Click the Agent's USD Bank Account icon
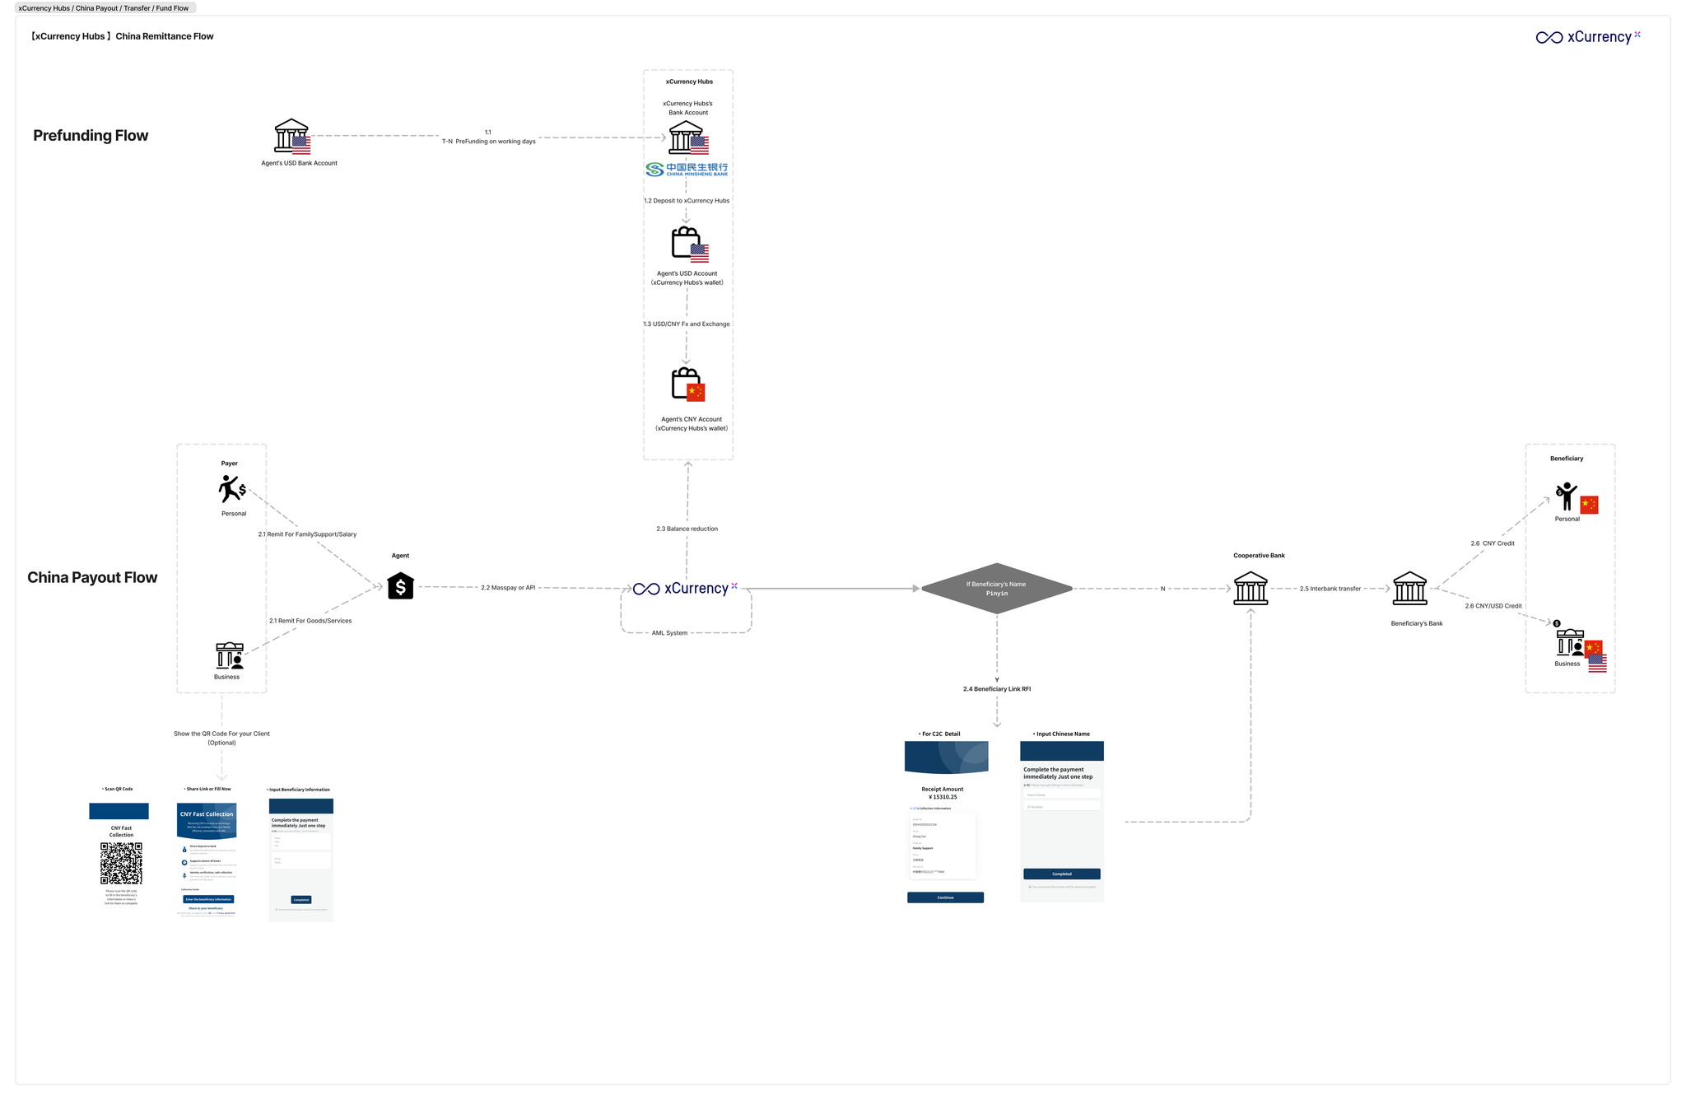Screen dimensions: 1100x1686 coord(291,137)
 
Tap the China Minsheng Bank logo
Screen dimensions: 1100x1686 coord(687,170)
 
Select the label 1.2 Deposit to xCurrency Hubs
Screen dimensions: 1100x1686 coord(687,201)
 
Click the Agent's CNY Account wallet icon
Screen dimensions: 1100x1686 coord(687,385)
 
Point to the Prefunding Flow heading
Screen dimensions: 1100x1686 coord(91,136)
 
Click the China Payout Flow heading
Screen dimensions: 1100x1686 coord(92,578)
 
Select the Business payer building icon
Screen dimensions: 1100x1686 coord(230,656)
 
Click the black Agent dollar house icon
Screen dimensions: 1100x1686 coord(401,586)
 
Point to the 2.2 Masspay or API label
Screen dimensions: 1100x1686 coord(508,588)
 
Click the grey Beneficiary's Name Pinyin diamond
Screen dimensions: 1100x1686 coord(996,589)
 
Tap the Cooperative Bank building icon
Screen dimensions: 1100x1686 coord(1251,589)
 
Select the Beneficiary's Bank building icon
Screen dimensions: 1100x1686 coord(1409,589)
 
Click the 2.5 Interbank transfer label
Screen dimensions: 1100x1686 coord(1330,589)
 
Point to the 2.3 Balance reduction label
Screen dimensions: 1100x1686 coord(687,529)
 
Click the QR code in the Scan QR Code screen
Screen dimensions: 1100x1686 coord(121,863)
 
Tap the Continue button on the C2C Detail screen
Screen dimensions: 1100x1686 coord(945,897)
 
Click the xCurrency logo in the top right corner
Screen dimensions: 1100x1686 coord(1588,37)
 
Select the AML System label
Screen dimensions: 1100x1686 coord(669,633)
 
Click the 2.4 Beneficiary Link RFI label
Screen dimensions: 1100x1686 coord(997,689)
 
